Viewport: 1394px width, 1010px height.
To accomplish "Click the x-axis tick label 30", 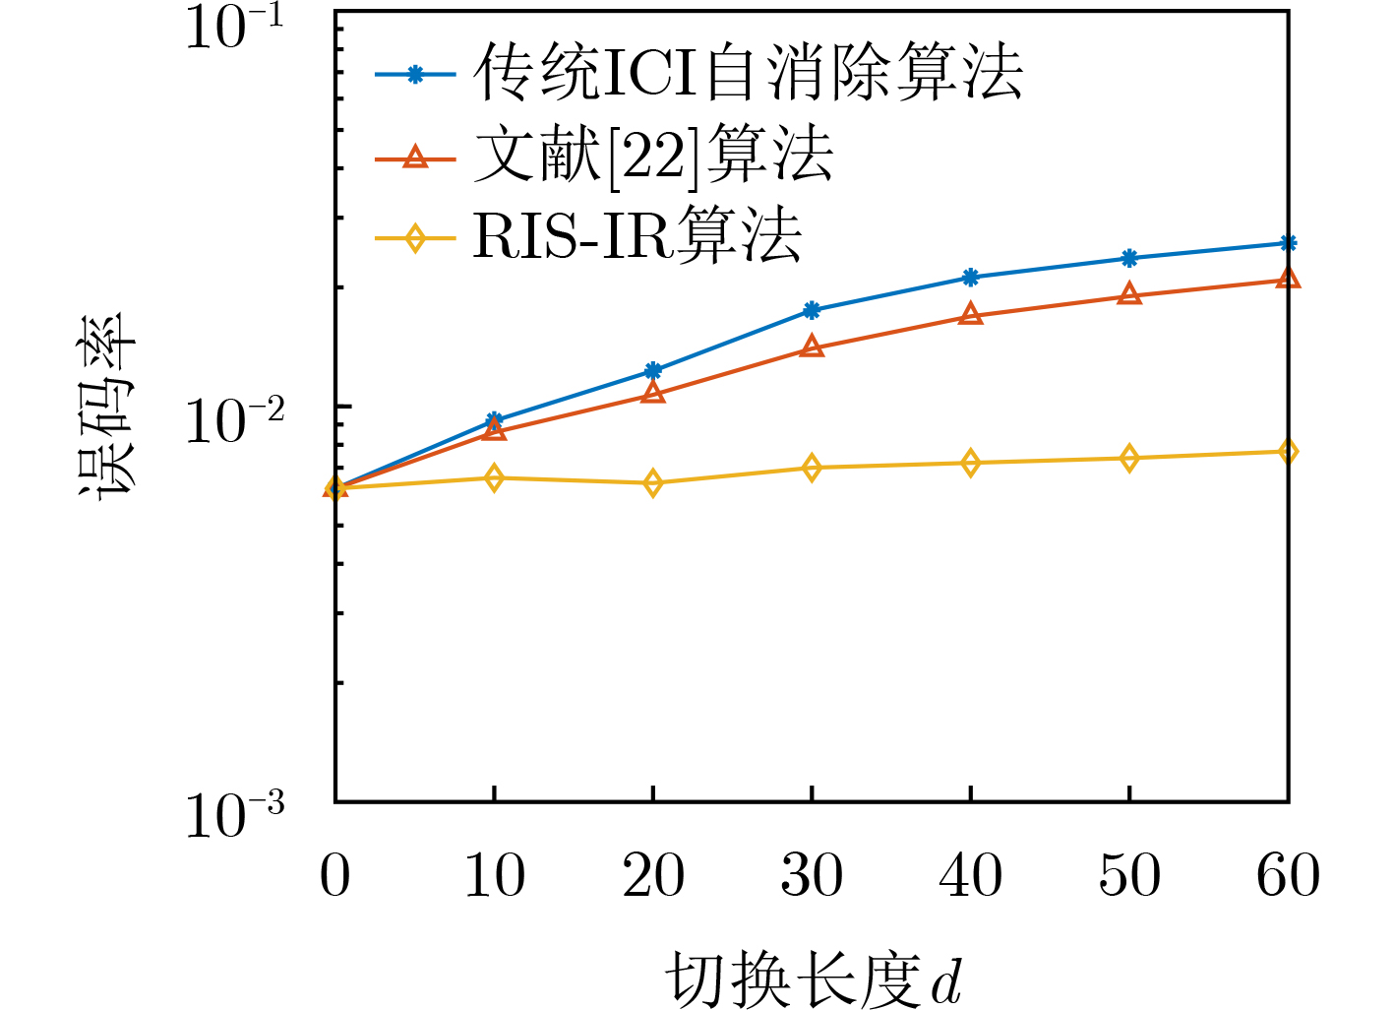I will (812, 875).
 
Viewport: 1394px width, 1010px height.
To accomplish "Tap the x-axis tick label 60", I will (1288, 875).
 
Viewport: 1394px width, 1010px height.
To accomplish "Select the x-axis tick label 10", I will (494, 875).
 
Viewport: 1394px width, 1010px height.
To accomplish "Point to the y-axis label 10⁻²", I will (234, 420).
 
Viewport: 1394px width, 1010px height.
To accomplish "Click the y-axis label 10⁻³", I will (234, 815).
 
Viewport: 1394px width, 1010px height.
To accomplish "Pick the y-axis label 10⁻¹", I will (234, 27).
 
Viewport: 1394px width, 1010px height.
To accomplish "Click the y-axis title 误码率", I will (106, 406).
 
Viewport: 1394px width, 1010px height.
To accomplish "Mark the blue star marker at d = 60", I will (1288, 243).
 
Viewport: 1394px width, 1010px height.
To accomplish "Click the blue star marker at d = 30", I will (812, 310).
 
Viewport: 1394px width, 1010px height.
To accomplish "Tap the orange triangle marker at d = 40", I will (971, 315).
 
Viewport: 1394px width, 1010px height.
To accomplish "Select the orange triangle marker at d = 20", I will (653, 394).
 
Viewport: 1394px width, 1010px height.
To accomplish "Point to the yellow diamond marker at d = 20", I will (653, 483).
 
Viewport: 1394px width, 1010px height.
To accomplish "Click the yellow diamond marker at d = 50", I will (1129, 458).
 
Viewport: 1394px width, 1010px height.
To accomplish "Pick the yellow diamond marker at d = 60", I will (1288, 452).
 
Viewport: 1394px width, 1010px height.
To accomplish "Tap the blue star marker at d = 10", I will (494, 421).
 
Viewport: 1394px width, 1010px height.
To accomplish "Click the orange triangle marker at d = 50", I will (1129, 295).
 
